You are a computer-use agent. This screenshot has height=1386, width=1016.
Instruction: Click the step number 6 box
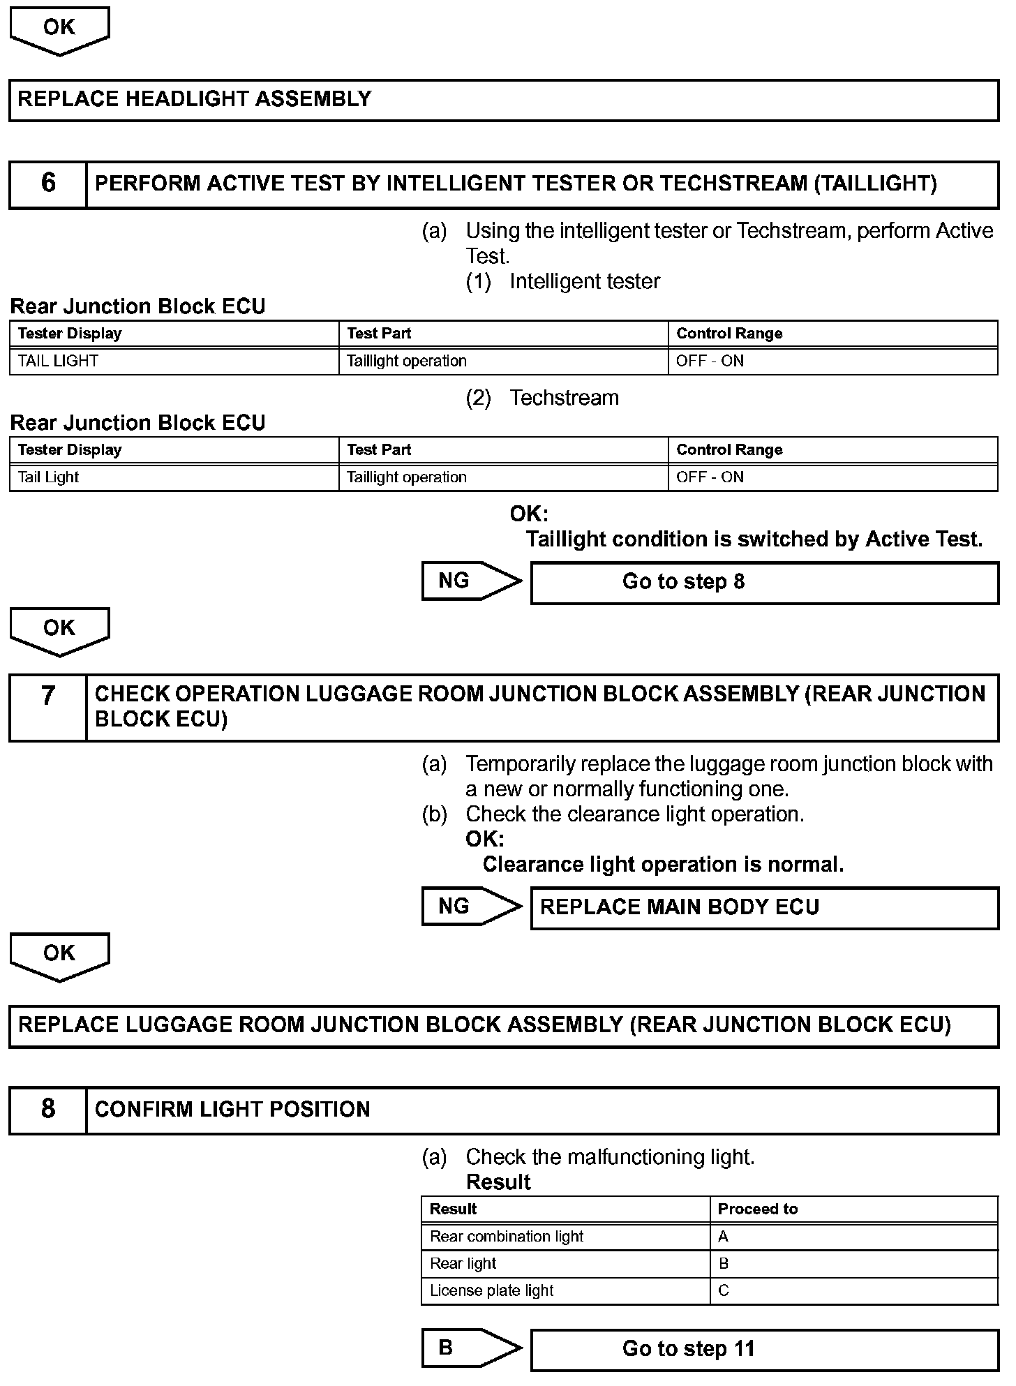click(x=48, y=184)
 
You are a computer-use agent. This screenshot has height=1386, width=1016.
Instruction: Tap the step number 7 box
click(x=48, y=707)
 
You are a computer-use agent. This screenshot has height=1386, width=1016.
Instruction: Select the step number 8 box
click(x=48, y=1110)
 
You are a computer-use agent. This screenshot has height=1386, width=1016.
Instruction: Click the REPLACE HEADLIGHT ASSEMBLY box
click(x=503, y=100)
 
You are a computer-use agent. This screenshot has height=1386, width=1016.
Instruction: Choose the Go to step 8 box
click(x=764, y=583)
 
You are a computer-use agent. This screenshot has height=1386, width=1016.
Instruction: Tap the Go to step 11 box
click(x=764, y=1349)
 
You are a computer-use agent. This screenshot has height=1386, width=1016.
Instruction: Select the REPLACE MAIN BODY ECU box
click(x=764, y=907)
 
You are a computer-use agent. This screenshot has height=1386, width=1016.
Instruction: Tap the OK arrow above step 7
click(x=59, y=630)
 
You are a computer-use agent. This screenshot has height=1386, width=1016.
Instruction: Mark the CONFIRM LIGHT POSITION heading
click(x=232, y=1110)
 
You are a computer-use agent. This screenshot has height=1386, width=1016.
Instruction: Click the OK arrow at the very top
click(x=59, y=29)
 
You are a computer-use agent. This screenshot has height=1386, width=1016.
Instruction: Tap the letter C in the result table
click(x=724, y=1291)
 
